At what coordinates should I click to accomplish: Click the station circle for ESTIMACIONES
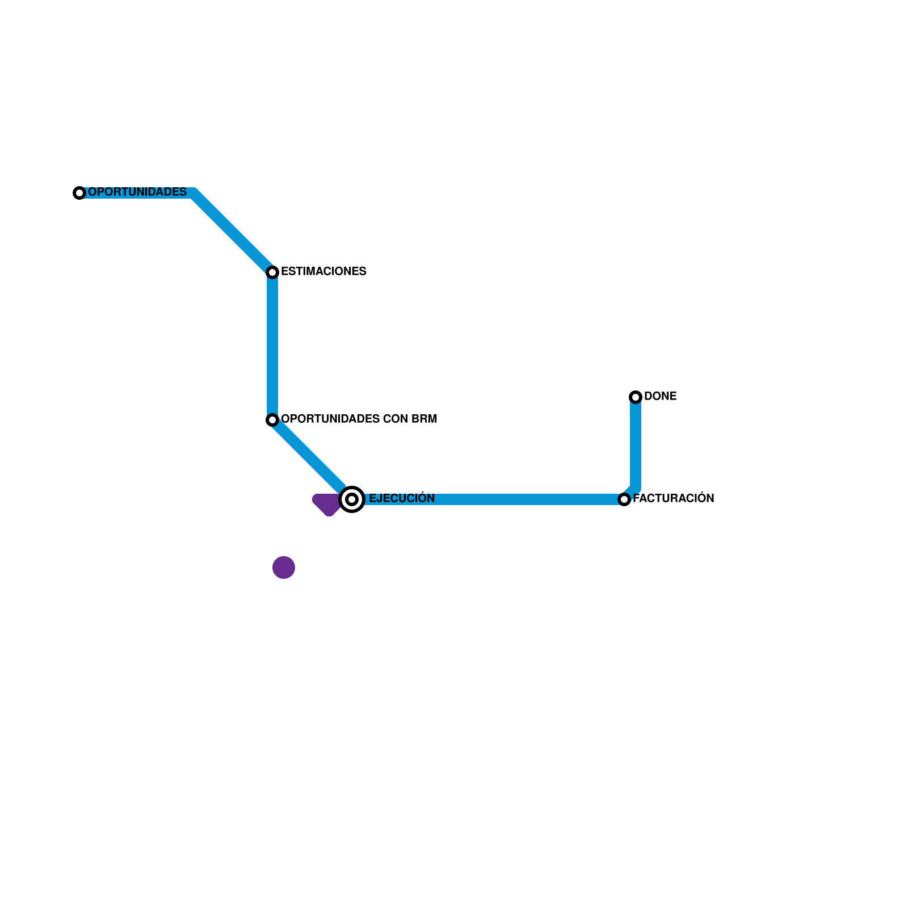coord(272,272)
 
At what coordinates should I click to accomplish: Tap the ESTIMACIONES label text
coord(323,272)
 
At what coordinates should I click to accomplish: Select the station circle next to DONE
coord(636,397)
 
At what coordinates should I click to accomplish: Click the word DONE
coord(660,397)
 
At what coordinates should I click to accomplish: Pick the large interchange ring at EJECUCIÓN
coord(352,499)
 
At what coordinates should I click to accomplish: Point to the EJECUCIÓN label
coord(401,499)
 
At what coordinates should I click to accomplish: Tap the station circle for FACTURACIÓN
coord(624,499)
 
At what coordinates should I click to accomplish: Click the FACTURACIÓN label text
coord(673,499)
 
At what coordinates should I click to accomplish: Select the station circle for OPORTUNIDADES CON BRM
coord(272,420)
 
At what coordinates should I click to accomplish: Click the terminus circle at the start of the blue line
coord(79,193)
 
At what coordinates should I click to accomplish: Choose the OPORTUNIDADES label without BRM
coord(137,192)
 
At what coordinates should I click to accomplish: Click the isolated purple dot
coord(284,567)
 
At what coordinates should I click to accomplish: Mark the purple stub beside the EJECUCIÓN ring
coord(327,504)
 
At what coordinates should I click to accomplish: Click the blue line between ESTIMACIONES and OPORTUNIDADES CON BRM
coord(272,346)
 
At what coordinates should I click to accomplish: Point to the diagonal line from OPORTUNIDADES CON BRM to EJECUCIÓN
coord(309,457)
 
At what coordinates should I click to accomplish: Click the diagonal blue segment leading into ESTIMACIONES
coord(233,233)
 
